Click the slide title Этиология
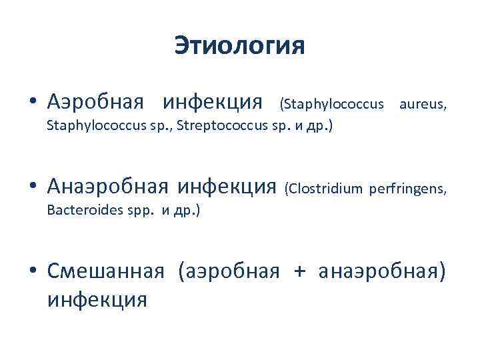[239, 46]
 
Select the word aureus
[423, 103]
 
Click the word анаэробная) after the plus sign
[381, 272]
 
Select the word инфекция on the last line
[97, 298]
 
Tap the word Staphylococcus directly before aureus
[332, 103]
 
